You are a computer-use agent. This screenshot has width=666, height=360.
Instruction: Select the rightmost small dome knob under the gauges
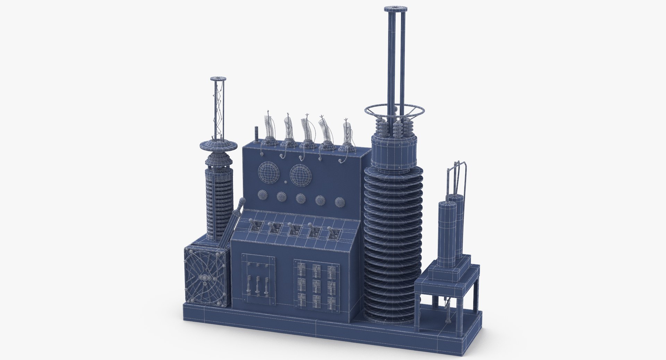(340, 202)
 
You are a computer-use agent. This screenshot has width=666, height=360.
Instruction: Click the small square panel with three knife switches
(258, 280)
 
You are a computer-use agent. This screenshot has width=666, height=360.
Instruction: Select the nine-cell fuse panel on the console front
(316, 284)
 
